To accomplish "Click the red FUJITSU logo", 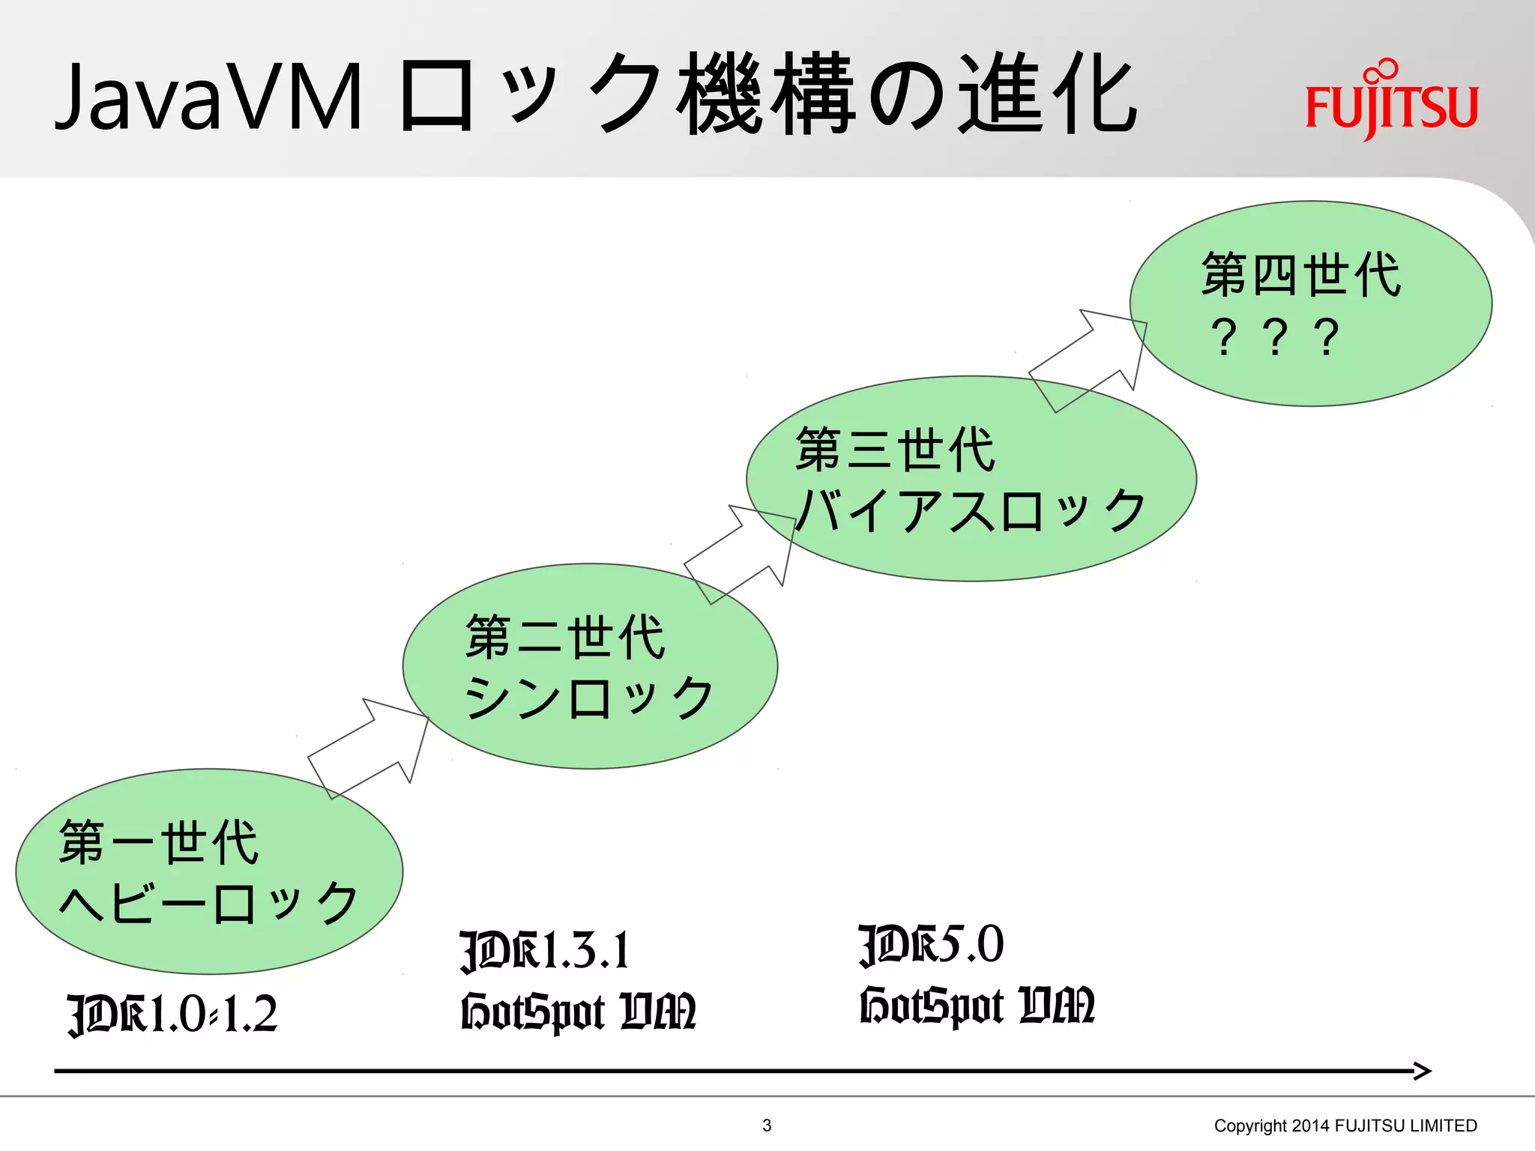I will (1391, 101).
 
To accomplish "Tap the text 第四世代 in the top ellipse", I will (1301, 275).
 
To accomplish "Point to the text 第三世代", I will (895, 450).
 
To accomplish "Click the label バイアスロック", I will (970, 510).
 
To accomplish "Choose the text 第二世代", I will (565, 637).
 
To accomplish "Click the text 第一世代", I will (159, 842).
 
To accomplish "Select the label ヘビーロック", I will (208, 903).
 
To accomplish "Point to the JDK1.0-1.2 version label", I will (172, 1015).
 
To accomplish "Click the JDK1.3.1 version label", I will (545, 951).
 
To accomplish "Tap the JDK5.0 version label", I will (931, 945).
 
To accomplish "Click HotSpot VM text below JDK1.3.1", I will (578, 1012).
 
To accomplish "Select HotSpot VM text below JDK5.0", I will (977, 1006).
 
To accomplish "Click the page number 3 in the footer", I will (767, 1125).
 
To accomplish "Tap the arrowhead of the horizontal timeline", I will (1422, 1071).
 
